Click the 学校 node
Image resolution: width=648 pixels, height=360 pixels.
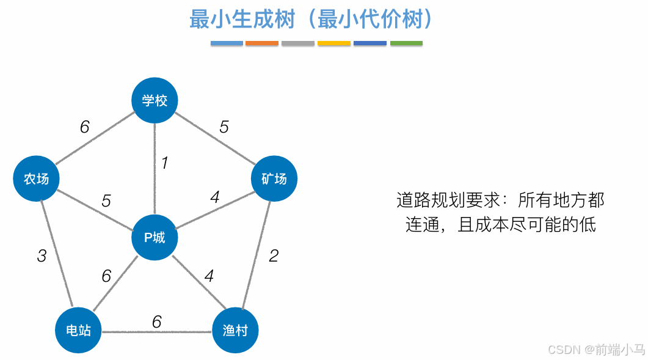tap(155, 100)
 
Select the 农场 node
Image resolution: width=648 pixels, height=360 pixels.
tap(36, 178)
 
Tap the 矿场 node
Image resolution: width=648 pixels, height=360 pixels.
tap(274, 178)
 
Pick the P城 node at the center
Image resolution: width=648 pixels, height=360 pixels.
tap(155, 237)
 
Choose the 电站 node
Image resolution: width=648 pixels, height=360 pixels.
tap(78, 331)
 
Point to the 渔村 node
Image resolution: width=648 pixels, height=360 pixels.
tap(235, 331)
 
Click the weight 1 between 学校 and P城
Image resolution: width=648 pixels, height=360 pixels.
tap(164, 163)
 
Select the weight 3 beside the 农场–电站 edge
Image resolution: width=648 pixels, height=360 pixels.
tap(42, 255)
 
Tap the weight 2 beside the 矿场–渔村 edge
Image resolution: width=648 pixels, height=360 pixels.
tap(274, 255)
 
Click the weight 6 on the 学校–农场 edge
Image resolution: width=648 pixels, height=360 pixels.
tap(84, 127)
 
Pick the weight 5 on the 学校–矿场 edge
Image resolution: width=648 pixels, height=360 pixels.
tap(224, 127)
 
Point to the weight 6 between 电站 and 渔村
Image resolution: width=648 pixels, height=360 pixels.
tap(157, 321)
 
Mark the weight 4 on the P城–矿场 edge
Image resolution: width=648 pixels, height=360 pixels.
tap(215, 197)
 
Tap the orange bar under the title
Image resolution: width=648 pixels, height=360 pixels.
tap(262, 43)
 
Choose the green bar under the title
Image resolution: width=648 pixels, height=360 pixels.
tap(406, 43)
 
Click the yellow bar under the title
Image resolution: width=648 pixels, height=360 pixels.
tap(334, 43)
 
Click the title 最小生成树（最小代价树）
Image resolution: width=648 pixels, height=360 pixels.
tap(311, 20)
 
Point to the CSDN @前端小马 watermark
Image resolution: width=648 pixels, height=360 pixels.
tap(596, 350)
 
